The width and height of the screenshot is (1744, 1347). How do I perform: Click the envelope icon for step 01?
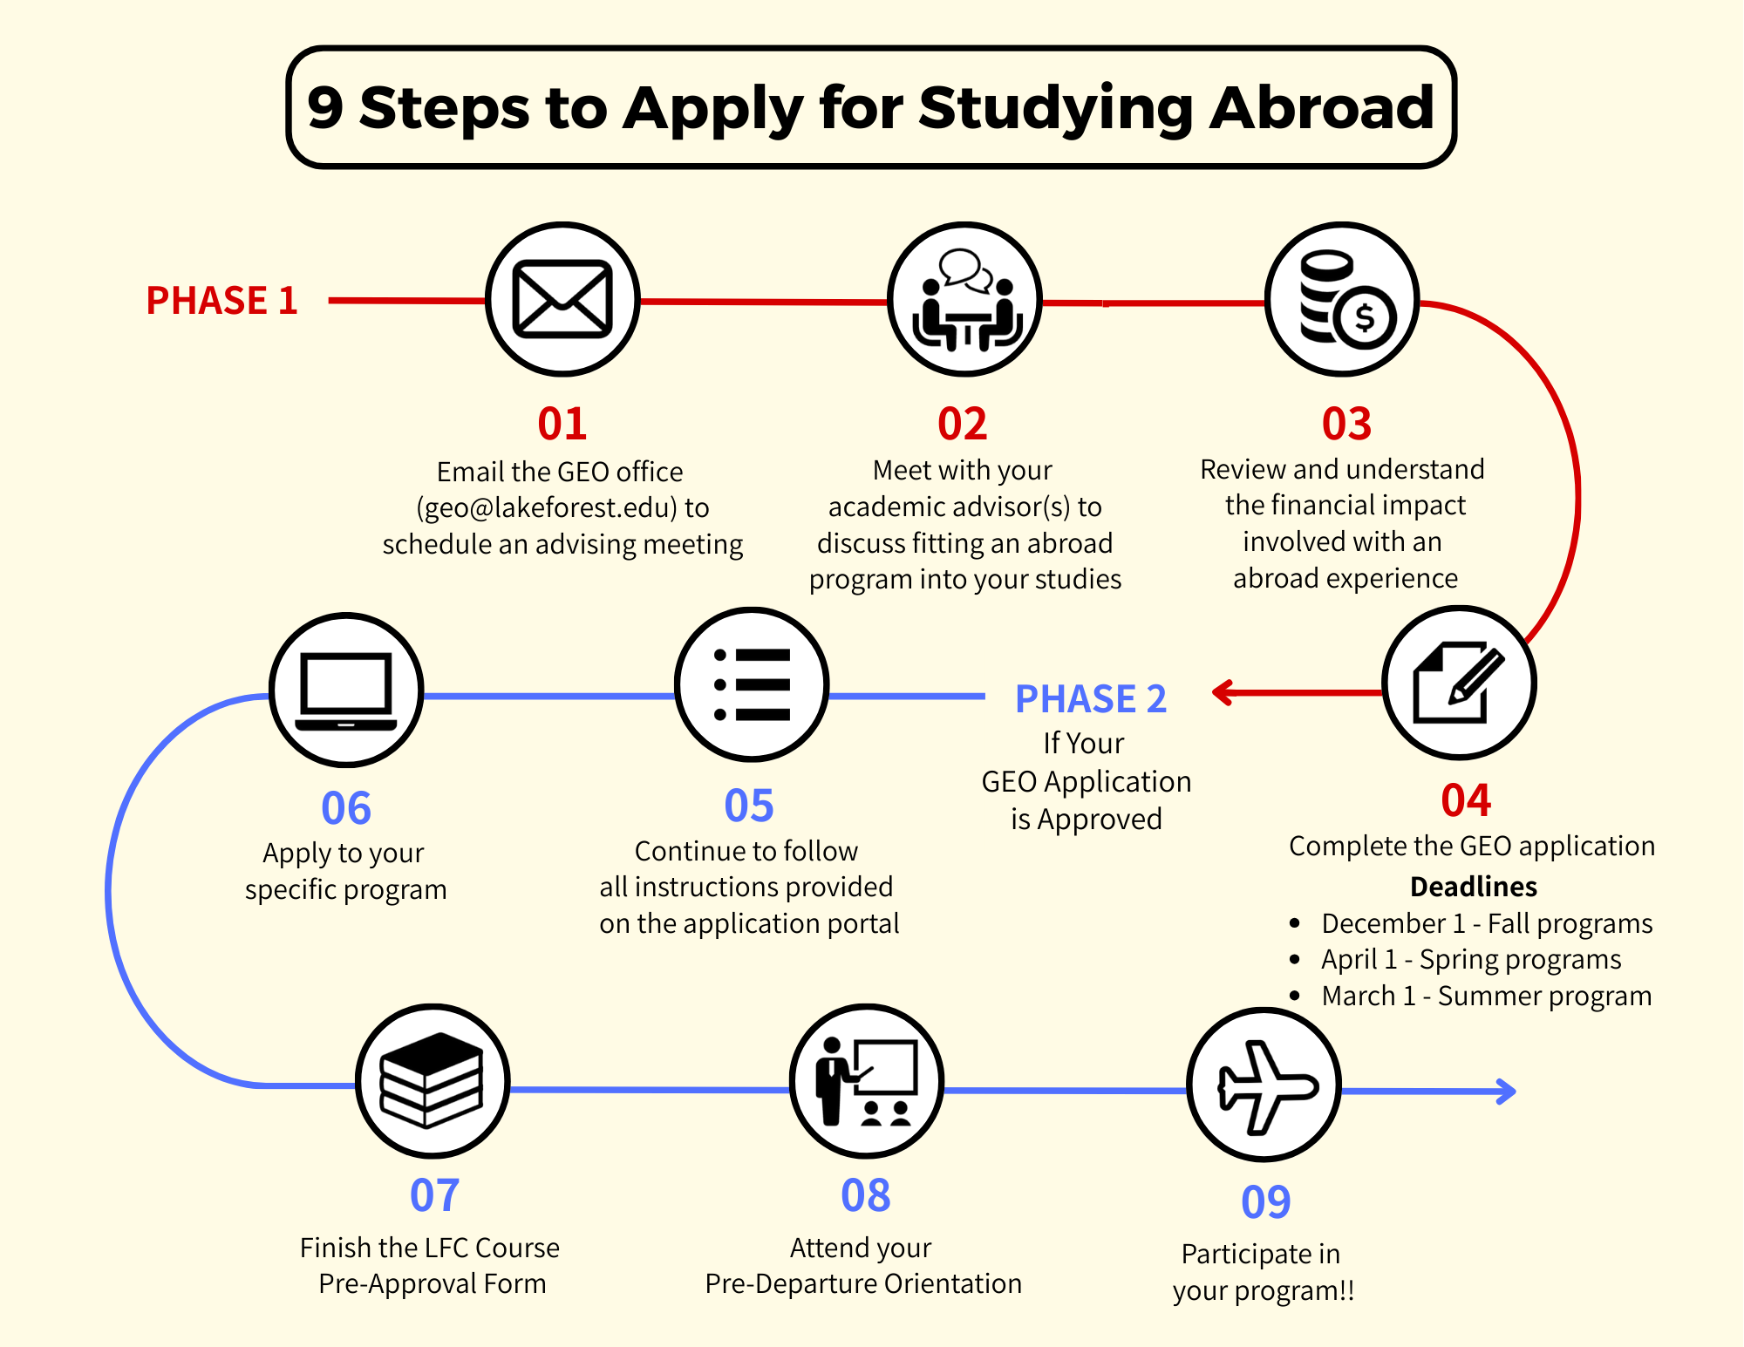point(562,299)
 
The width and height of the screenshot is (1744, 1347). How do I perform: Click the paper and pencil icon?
point(1459,683)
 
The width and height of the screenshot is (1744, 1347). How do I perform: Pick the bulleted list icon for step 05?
point(752,684)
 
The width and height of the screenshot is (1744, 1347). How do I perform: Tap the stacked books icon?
point(432,1080)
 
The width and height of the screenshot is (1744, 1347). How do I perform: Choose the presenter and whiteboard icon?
point(866,1081)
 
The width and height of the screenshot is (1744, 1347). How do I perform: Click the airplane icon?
point(1264,1085)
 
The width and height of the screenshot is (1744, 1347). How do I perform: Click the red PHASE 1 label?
point(221,301)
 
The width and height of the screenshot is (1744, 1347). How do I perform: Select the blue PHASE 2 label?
point(1091,699)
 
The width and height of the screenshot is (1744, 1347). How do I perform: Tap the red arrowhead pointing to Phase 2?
point(1223,693)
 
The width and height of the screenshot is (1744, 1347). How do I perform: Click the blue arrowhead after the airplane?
point(1505,1091)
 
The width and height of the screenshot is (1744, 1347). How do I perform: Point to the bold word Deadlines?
point(1473,887)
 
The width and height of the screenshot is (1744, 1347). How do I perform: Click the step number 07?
point(434,1195)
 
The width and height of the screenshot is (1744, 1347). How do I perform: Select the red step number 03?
point(1346,424)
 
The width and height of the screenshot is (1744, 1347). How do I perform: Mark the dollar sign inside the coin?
point(1364,317)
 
